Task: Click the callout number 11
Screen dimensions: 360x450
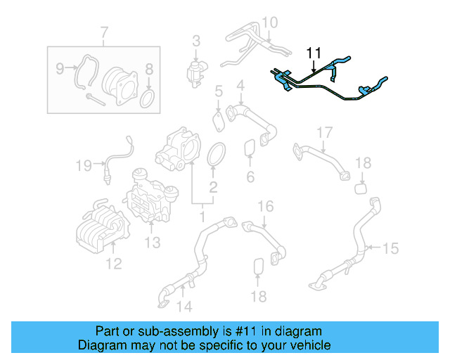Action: (x=313, y=53)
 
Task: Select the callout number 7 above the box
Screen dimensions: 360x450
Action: (x=104, y=32)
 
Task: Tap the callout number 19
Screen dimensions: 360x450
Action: (x=84, y=166)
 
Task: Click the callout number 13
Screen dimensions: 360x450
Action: (x=153, y=243)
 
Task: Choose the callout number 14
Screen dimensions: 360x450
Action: (x=184, y=306)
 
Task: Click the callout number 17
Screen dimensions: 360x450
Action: (x=323, y=133)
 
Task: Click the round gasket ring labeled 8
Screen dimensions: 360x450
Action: (x=148, y=98)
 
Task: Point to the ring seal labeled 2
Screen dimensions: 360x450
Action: (x=217, y=153)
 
